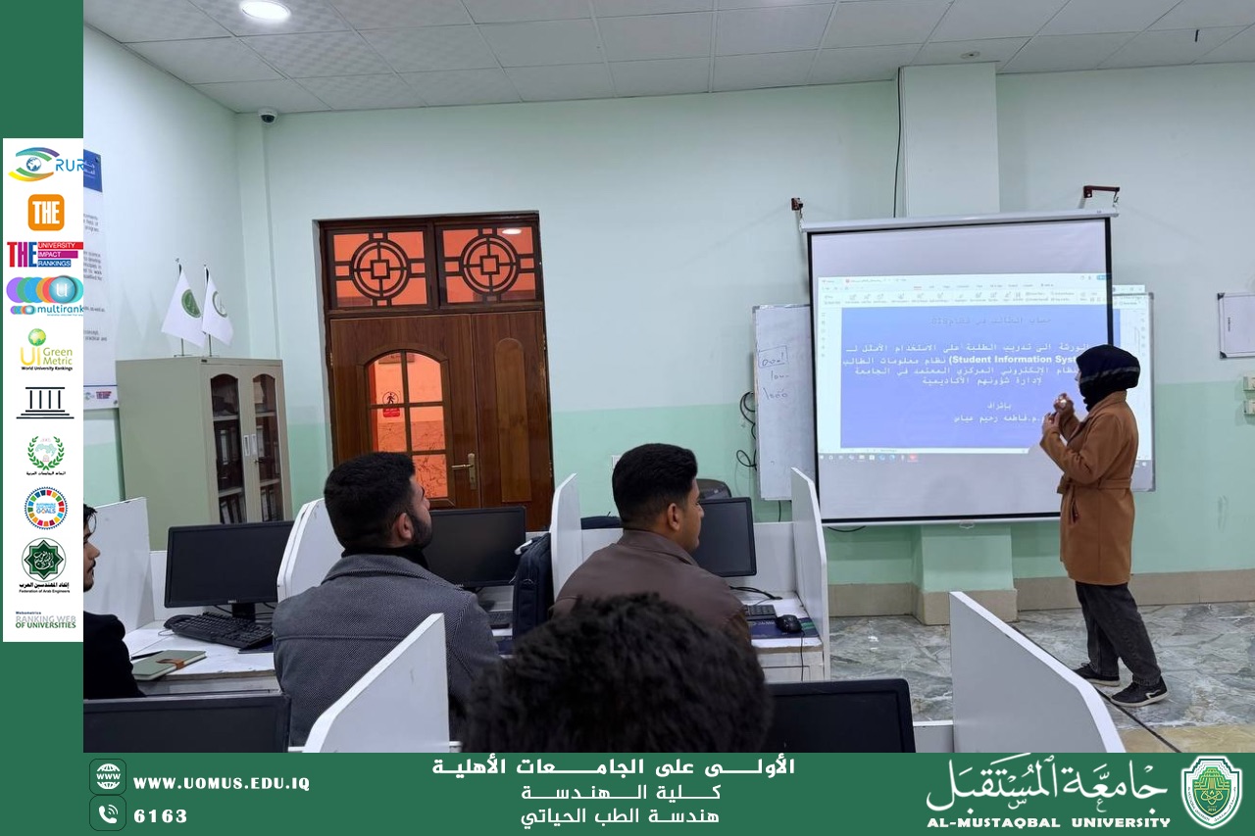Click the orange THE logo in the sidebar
point(45,212)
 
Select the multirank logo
point(45,295)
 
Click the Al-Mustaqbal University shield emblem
point(1211,792)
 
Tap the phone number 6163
point(161,815)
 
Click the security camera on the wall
point(267,116)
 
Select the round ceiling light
point(266,11)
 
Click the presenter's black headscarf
point(1107,369)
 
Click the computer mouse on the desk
point(787,623)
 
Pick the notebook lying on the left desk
point(166,664)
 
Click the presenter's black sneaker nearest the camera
point(1139,694)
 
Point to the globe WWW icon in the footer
point(108,776)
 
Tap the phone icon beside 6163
point(108,813)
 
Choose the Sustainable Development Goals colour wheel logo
point(45,508)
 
